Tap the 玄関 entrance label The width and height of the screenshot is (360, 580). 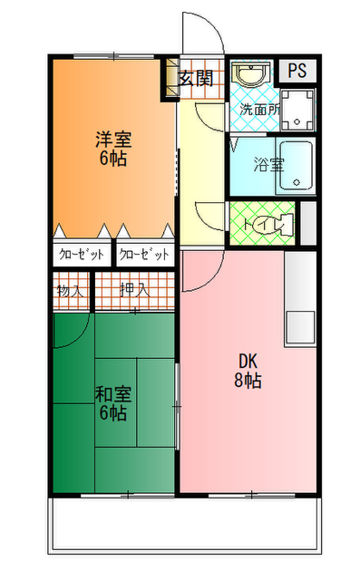195,79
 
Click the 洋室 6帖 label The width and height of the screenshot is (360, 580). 114,150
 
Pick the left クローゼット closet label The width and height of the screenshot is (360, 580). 82,254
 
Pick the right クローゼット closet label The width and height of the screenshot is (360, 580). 143,254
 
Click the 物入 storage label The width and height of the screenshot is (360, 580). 70,291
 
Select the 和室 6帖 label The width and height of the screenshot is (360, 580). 114,405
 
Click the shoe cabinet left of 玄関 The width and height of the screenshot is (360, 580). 170,80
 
